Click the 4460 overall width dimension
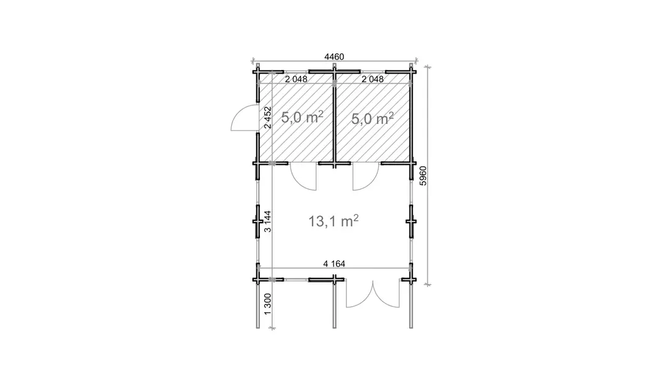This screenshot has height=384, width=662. (x=334, y=56)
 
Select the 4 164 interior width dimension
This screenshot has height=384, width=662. (x=334, y=264)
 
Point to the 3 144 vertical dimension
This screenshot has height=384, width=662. (x=267, y=221)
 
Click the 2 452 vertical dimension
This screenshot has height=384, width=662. (x=267, y=117)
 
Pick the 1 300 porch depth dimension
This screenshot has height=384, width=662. (x=267, y=304)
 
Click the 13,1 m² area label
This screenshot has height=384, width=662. (x=333, y=220)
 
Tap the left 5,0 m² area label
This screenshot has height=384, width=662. (x=302, y=117)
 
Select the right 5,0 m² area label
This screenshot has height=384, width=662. (x=373, y=118)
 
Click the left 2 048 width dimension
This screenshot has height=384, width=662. (x=296, y=79)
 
